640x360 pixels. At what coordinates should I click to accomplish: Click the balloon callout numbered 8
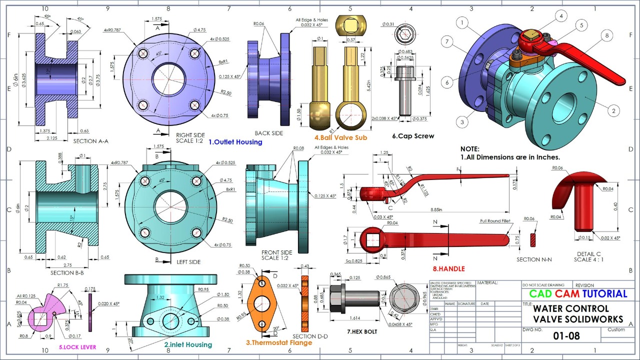(606, 35)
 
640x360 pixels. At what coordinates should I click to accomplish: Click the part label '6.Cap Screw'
(413, 136)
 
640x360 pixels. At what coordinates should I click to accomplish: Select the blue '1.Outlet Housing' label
(235, 142)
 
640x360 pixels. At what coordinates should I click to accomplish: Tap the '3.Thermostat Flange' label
(279, 342)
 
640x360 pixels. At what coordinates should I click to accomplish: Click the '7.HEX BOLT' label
(362, 331)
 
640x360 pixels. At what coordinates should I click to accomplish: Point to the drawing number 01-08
(566, 336)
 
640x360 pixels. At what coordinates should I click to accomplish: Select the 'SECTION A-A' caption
(91, 141)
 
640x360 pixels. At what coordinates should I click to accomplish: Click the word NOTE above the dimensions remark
(470, 149)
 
